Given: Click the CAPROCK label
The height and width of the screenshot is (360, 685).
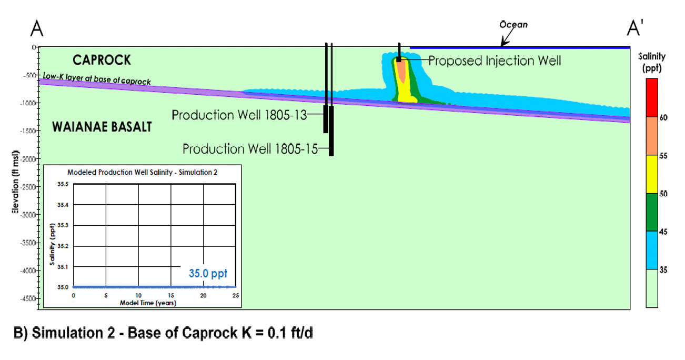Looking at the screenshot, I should click(x=98, y=61).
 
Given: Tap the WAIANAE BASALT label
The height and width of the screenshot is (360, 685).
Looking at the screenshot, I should click(x=102, y=127).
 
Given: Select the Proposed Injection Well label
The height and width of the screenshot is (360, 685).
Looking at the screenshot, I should click(x=495, y=61).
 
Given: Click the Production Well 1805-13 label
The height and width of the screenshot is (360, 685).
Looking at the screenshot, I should click(x=239, y=115).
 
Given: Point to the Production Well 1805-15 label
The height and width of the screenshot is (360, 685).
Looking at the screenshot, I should click(x=250, y=149).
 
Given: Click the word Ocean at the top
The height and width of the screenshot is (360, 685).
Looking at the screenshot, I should click(x=513, y=25).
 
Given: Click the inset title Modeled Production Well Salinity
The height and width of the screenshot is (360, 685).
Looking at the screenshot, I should click(x=143, y=173).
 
